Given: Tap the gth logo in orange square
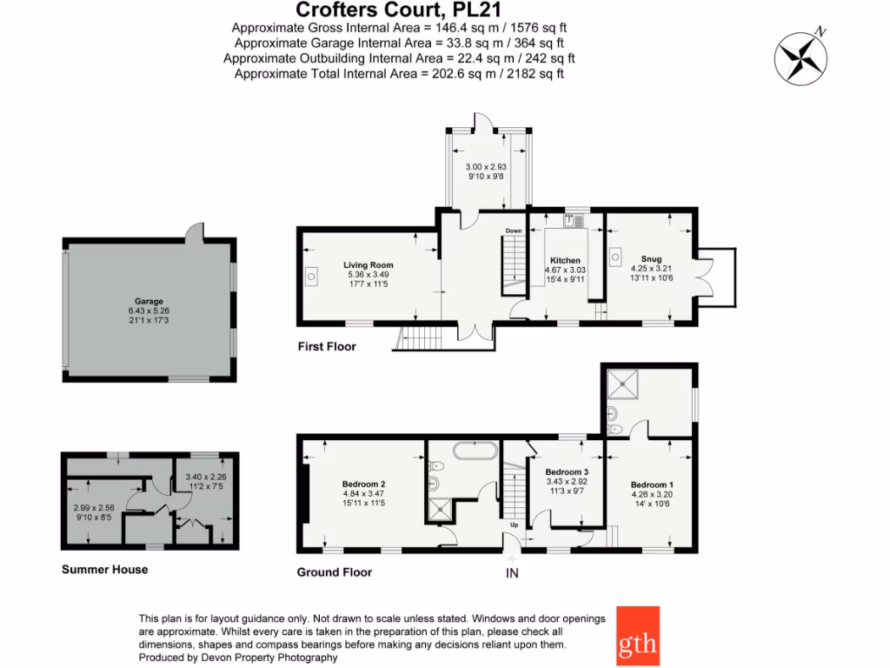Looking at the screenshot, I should (x=638, y=636).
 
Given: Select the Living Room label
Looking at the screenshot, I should (x=369, y=265).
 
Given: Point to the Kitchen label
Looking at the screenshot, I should (x=565, y=260).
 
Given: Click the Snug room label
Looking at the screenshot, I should (x=651, y=258).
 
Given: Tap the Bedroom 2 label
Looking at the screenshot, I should (x=364, y=484).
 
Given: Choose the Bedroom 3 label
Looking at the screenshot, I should (x=566, y=471).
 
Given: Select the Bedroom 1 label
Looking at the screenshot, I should (x=651, y=484).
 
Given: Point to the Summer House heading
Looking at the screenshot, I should (x=104, y=570).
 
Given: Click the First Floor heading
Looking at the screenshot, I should (x=327, y=347).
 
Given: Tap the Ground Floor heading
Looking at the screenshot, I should (x=335, y=572).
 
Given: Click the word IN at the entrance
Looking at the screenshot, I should (x=513, y=573).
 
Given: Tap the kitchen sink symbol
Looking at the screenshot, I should (x=574, y=221).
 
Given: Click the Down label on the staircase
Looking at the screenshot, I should (x=514, y=230).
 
